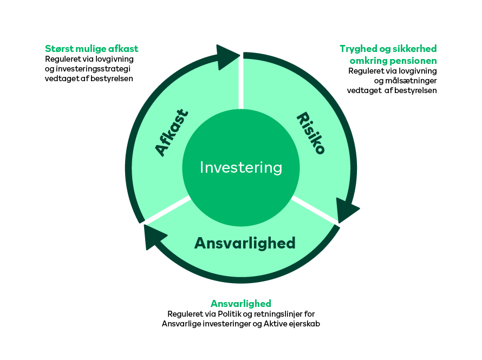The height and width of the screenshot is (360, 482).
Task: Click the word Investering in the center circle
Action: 241,167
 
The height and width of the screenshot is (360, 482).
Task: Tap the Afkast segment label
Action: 171,133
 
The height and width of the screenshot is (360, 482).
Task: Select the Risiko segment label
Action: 310,133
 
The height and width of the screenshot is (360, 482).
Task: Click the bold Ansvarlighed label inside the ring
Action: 245,243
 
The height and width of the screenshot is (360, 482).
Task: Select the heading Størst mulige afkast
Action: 92,49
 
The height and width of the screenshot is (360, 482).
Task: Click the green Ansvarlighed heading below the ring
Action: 241,304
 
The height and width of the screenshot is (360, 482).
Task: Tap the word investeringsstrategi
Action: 93,69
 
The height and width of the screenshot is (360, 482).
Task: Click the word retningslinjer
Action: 278,314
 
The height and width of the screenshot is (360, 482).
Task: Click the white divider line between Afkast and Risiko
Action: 241,83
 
